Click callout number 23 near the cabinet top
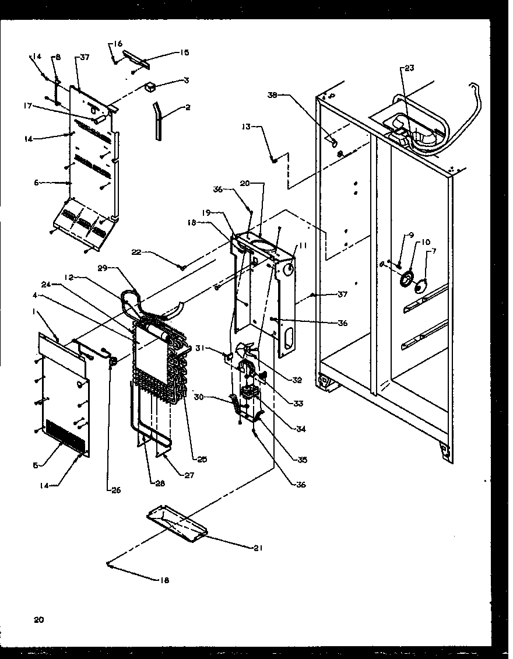pos(409,68)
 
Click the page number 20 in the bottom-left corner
pos(38,619)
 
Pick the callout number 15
pos(184,52)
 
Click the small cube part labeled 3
pos(152,87)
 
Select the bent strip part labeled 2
pos(157,120)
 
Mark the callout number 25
pos(202,460)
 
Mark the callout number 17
pos(27,106)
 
